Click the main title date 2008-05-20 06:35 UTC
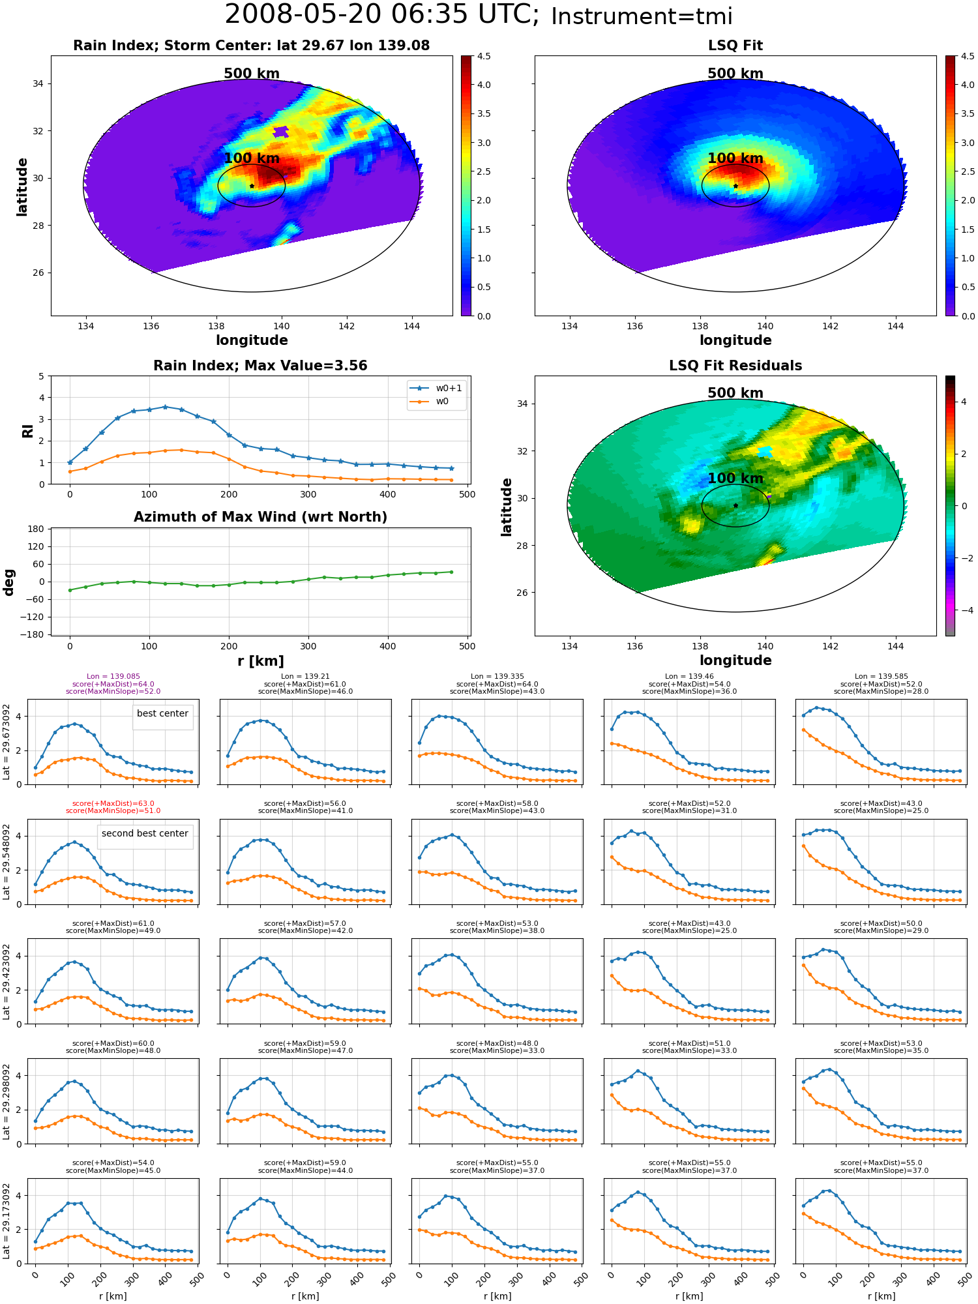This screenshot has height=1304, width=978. pos(382,15)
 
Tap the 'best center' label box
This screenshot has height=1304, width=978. pos(162,714)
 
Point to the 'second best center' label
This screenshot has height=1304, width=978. pos(145,833)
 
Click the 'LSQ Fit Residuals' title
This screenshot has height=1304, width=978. pos(735,366)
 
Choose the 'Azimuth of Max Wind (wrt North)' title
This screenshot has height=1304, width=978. pos(260,517)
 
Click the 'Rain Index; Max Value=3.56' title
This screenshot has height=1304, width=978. pos(260,366)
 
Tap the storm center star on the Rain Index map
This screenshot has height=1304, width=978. pos(252,186)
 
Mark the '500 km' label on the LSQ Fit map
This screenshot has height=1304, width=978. pos(735,74)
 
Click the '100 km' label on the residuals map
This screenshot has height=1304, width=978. pos(735,479)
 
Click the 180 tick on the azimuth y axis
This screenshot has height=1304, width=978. pos(36,529)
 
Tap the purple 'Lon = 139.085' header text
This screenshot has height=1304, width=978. pos(113,677)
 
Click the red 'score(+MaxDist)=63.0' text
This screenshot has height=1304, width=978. pos(113,804)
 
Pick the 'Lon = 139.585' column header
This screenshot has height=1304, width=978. pos(882,677)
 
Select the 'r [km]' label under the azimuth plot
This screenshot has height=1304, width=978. pos(260,661)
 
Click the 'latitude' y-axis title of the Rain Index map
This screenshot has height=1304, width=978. pos(22,186)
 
